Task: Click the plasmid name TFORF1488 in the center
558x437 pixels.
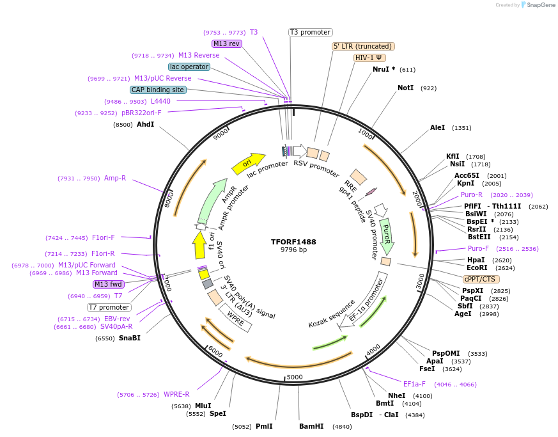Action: coord(293,242)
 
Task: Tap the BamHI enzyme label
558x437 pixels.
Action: coord(311,426)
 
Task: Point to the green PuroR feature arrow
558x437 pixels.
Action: coord(387,236)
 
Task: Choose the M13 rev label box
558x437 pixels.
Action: coord(227,44)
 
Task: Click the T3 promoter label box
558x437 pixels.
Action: coord(311,32)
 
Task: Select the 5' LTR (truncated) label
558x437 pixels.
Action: coord(363,46)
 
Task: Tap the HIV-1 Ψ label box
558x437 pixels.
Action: coord(369,58)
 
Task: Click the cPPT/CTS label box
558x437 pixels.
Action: coord(481,279)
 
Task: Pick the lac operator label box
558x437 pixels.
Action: coord(189,67)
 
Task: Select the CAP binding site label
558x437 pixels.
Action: coord(158,90)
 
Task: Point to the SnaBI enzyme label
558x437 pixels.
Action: coord(130,338)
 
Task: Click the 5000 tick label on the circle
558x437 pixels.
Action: coord(294,377)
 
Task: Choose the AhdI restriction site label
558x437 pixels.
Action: coord(146,124)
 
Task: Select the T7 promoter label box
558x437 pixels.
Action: coord(109,307)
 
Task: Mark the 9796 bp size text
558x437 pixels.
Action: coord(293,250)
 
